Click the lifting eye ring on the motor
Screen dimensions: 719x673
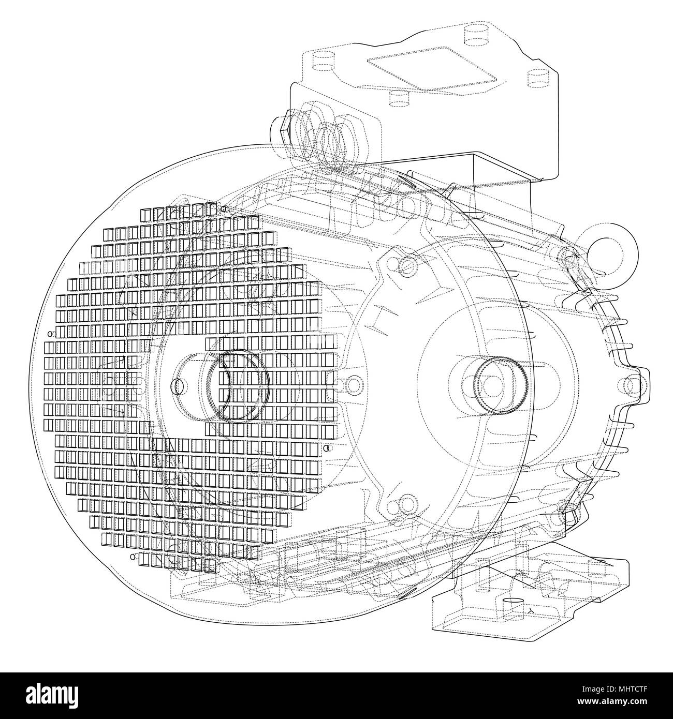[608, 243]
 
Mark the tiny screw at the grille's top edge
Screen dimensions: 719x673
[224, 209]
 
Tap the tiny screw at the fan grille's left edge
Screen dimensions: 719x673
[50, 334]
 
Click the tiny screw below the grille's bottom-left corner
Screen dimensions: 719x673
[133, 557]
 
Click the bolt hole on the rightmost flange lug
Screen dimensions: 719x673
[632, 385]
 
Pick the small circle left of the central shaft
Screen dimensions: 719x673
[180, 386]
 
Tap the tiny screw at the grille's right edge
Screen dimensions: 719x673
[326, 448]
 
